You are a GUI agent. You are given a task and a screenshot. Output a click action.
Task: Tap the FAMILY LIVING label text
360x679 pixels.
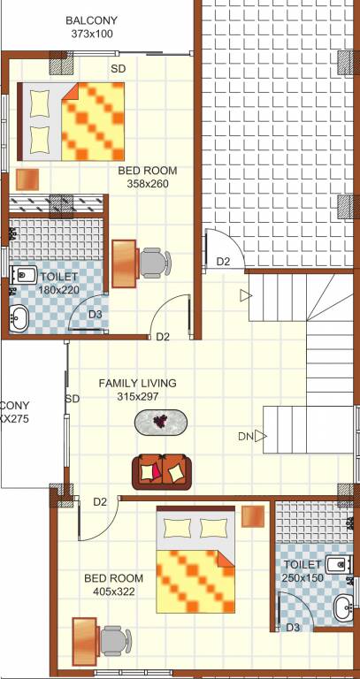(137, 383)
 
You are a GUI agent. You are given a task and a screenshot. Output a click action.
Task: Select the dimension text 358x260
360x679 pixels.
(147, 184)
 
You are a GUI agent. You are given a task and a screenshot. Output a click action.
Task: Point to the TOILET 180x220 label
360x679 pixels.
(58, 283)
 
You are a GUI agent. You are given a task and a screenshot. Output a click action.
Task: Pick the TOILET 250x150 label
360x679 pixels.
(303, 570)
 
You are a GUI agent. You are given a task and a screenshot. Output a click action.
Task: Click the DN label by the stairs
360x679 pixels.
(245, 436)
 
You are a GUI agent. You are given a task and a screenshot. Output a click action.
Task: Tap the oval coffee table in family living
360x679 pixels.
(161, 422)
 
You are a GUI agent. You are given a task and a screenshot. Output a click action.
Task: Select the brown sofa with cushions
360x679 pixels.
(162, 470)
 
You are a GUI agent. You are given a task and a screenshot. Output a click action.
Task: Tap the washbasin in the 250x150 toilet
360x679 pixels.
(342, 607)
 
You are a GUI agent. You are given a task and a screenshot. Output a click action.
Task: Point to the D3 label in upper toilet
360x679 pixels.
(95, 314)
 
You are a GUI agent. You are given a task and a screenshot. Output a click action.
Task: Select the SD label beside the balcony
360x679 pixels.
(118, 68)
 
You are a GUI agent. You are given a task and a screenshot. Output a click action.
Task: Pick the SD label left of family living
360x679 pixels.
(73, 399)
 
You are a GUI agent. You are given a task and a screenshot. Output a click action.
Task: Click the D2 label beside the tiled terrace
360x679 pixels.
(224, 262)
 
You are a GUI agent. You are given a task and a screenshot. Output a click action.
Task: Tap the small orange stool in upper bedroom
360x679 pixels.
(27, 178)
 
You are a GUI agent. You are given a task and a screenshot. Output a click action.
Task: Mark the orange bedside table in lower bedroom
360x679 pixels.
(255, 515)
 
